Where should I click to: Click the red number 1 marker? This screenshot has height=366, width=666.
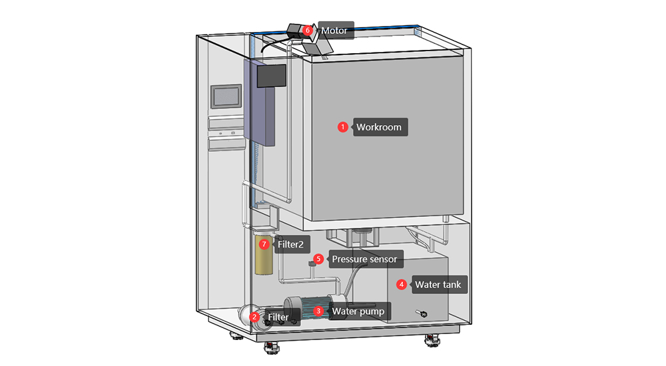342,126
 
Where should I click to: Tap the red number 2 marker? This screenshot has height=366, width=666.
255,317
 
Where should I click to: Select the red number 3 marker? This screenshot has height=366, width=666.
318,310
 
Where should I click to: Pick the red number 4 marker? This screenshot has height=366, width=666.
401,285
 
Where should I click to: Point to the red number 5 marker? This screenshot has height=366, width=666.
318,259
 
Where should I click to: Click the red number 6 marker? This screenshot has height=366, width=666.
307,30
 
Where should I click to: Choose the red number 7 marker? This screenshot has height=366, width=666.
264,244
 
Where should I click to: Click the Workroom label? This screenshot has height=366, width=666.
378,127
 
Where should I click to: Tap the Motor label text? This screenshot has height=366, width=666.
334,31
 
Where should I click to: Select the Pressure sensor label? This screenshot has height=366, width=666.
364,259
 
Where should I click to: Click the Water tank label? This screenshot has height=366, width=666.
437,285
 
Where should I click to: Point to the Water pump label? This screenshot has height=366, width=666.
358,311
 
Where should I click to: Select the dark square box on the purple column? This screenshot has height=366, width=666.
272,76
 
